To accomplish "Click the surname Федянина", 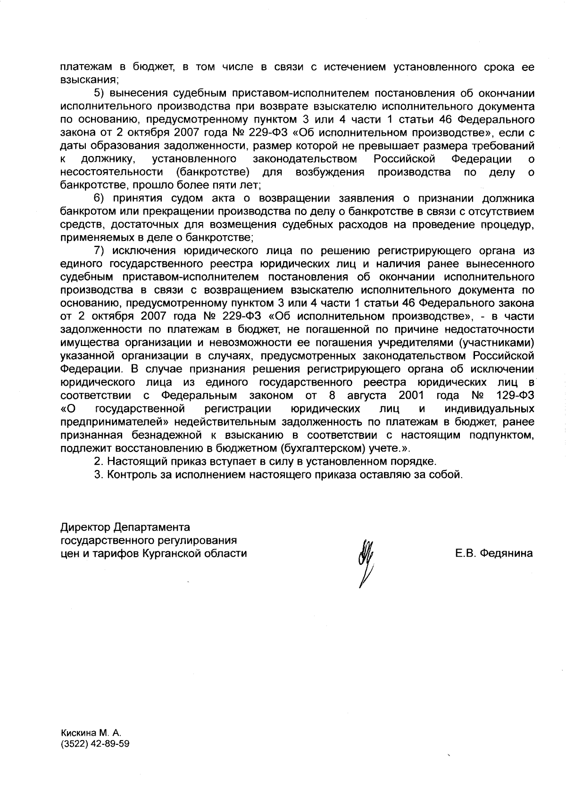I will pyautogui.click(x=506, y=553).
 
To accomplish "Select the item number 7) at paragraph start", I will pyautogui.click(x=100, y=250).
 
